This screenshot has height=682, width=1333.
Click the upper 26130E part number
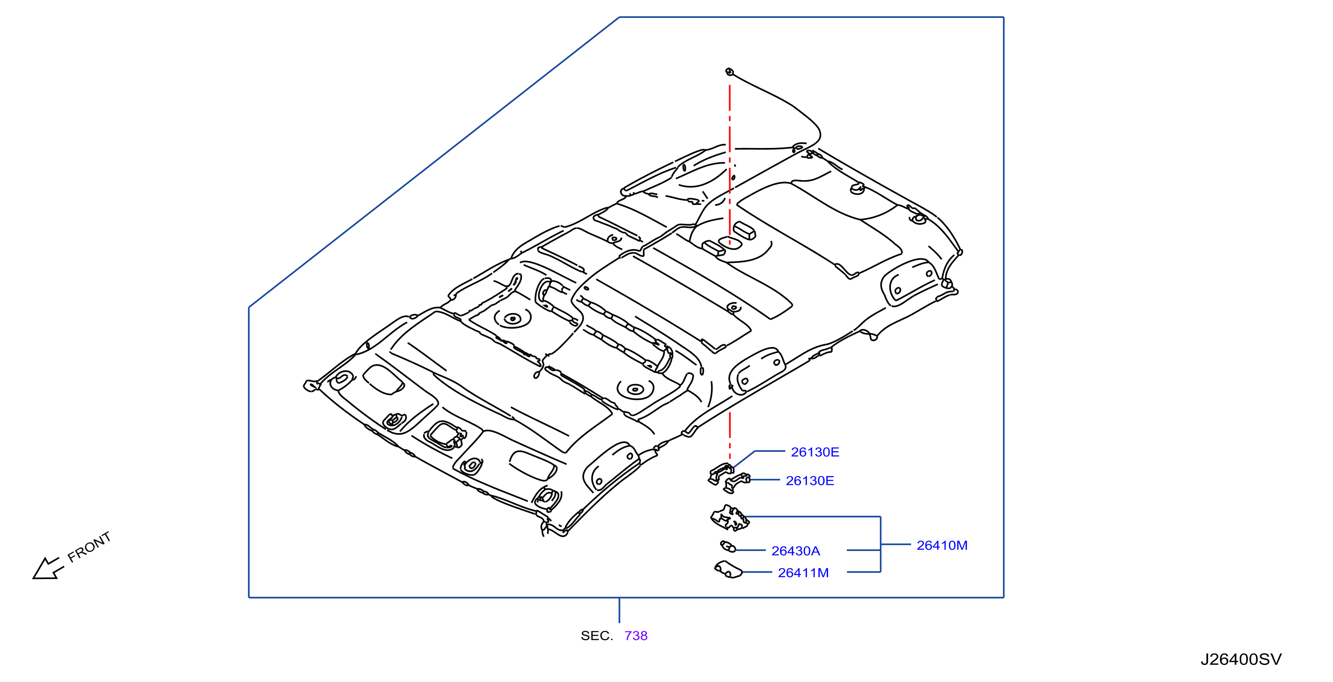[815, 452]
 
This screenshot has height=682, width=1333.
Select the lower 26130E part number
[809, 481]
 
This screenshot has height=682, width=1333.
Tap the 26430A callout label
[795, 551]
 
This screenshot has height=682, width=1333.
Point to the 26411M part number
[803, 573]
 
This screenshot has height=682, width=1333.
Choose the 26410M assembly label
[942, 546]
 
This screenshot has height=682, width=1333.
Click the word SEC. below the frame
[596, 636]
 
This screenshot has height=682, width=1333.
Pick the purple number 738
[636, 636]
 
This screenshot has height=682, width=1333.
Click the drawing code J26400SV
[1241, 659]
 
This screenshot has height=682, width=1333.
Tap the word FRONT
[89, 546]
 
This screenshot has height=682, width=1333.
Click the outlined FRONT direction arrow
[46, 568]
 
